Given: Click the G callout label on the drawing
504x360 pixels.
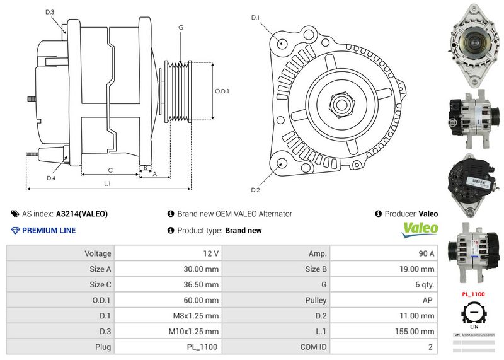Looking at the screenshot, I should click(x=181, y=27).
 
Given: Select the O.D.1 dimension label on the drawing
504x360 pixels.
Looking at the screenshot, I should click(x=222, y=91).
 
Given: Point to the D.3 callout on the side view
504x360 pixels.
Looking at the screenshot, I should click(x=50, y=13).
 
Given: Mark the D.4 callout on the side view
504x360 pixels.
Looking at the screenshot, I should click(x=51, y=178).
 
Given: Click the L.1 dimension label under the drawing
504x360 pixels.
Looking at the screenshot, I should click(x=108, y=183).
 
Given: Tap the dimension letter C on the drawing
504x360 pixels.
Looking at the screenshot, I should click(x=110, y=170).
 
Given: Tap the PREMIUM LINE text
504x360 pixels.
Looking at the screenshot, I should click(x=49, y=230).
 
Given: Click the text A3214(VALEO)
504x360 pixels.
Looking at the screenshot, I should click(x=82, y=214).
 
